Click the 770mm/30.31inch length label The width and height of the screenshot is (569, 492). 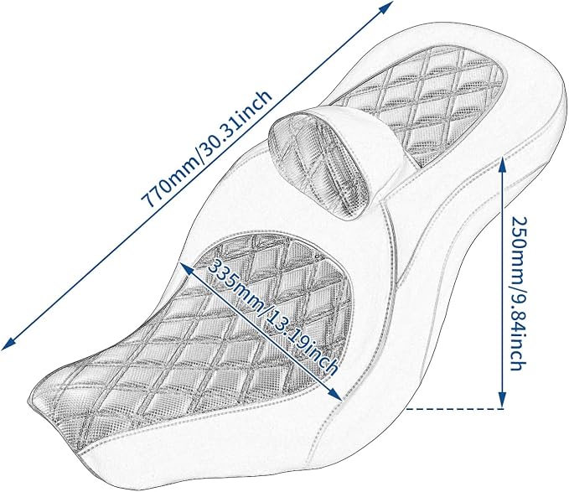pyautogui.click(x=206, y=148)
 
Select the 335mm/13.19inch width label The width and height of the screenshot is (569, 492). pyautogui.click(x=272, y=316)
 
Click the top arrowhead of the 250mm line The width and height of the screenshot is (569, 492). pyautogui.click(x=502, y=163)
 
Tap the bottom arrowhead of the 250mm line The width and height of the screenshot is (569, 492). pyautogui.click(x=502, y=401)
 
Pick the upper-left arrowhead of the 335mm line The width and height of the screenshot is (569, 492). pyautogui.click(x=186, y=269)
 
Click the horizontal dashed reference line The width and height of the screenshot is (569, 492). pyautogui.click(x=455, y=409)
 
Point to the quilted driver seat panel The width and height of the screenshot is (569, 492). pyautogui.click(x=203, y=327)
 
